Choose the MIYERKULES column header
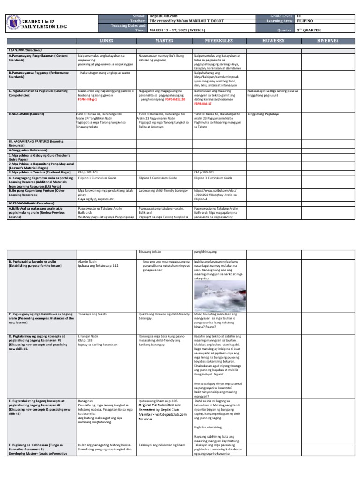coord(218,41)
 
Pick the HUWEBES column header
coord(274,41)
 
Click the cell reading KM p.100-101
coord(202,172)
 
